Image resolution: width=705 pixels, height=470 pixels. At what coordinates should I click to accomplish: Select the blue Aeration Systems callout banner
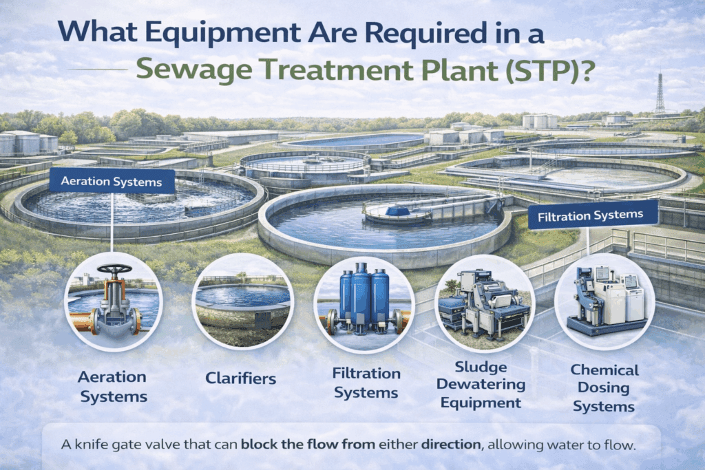112,182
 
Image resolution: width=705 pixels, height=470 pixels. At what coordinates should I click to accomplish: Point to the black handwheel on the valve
114,269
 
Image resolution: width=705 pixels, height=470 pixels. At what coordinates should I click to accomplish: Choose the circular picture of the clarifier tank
243,301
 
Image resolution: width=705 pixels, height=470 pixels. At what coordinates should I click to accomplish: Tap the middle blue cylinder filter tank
360,295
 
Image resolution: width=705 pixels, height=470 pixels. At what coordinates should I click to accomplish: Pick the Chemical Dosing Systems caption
604,388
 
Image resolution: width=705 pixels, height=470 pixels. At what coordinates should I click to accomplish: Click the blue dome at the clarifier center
398,210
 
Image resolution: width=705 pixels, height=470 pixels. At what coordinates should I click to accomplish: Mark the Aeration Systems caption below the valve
112,387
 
